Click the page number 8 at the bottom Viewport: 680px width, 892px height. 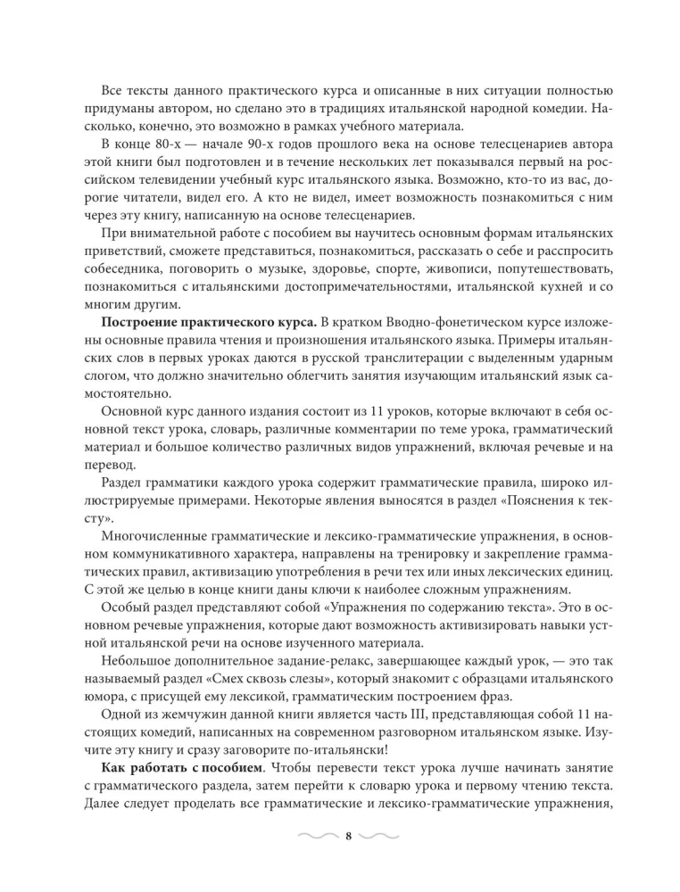(348, 835)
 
